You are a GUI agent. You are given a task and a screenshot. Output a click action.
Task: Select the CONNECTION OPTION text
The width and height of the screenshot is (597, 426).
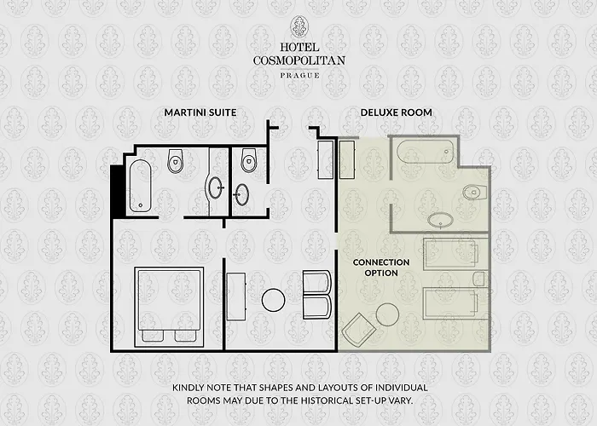[381, 267]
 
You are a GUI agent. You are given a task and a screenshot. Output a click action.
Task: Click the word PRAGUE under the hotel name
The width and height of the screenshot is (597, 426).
[299, 76]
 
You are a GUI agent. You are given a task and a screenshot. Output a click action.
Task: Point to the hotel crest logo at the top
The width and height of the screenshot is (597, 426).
[299, 26]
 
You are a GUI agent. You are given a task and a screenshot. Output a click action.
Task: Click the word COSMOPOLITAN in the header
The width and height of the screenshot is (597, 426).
[299, 60]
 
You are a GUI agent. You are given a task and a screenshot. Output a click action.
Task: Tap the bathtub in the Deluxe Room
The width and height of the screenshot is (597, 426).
[424, 154]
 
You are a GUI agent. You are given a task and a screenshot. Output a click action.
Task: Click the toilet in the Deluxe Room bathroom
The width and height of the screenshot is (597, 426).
[473, 193]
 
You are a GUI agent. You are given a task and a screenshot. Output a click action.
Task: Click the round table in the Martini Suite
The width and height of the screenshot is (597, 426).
[273, 299]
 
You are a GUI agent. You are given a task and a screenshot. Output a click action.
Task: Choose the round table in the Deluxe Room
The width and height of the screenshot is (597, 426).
[387, 314]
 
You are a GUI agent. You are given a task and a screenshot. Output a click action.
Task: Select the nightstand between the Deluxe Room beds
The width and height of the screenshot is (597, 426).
[479, 279]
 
